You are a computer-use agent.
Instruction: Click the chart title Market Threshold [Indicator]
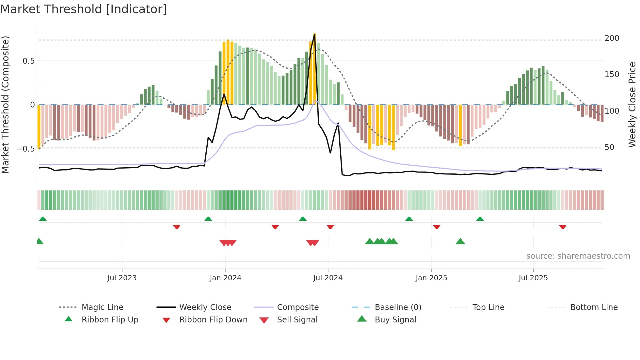84,9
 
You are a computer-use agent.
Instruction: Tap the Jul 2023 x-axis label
122,278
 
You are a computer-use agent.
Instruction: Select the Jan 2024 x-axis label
225,278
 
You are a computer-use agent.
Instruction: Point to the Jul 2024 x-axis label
328,278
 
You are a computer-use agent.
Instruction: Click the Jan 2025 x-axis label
431,278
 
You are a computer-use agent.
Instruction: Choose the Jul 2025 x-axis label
533,278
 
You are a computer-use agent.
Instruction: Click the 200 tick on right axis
612,38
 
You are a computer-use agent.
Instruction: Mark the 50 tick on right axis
609,147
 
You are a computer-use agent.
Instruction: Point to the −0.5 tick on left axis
25,149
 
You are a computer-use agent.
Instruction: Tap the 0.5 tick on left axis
28,61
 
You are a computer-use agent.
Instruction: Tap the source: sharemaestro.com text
578,256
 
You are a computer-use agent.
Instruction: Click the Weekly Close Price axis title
632,105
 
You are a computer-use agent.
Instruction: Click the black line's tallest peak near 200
314,34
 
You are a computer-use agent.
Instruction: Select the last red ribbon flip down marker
563,227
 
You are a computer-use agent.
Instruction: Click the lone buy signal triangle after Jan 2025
460,241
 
